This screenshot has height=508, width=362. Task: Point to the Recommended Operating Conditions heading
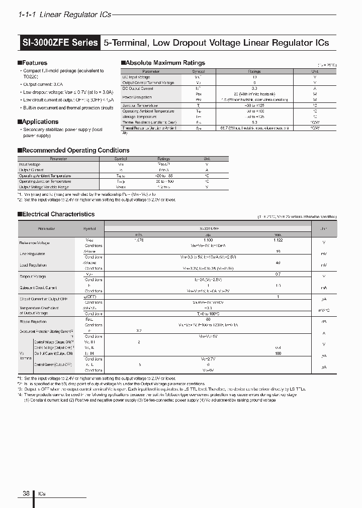[75, 150]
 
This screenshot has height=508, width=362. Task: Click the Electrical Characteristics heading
[58, 214]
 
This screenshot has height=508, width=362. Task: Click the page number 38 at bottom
[26, 493]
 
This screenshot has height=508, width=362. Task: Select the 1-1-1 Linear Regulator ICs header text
[64, 15]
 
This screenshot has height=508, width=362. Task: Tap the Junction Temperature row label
[141, 105]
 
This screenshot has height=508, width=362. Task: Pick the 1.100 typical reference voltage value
[207, 240]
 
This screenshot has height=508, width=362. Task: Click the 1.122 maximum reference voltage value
[278, 240]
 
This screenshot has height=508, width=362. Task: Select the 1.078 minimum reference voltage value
[138, 240]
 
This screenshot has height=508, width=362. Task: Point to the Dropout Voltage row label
[33, 277]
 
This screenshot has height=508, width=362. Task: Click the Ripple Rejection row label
[33, 321]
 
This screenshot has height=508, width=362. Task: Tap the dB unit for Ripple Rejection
[323, 321]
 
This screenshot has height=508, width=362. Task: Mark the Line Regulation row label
[32, 254]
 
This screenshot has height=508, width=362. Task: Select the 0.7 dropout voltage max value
[278, 274]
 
